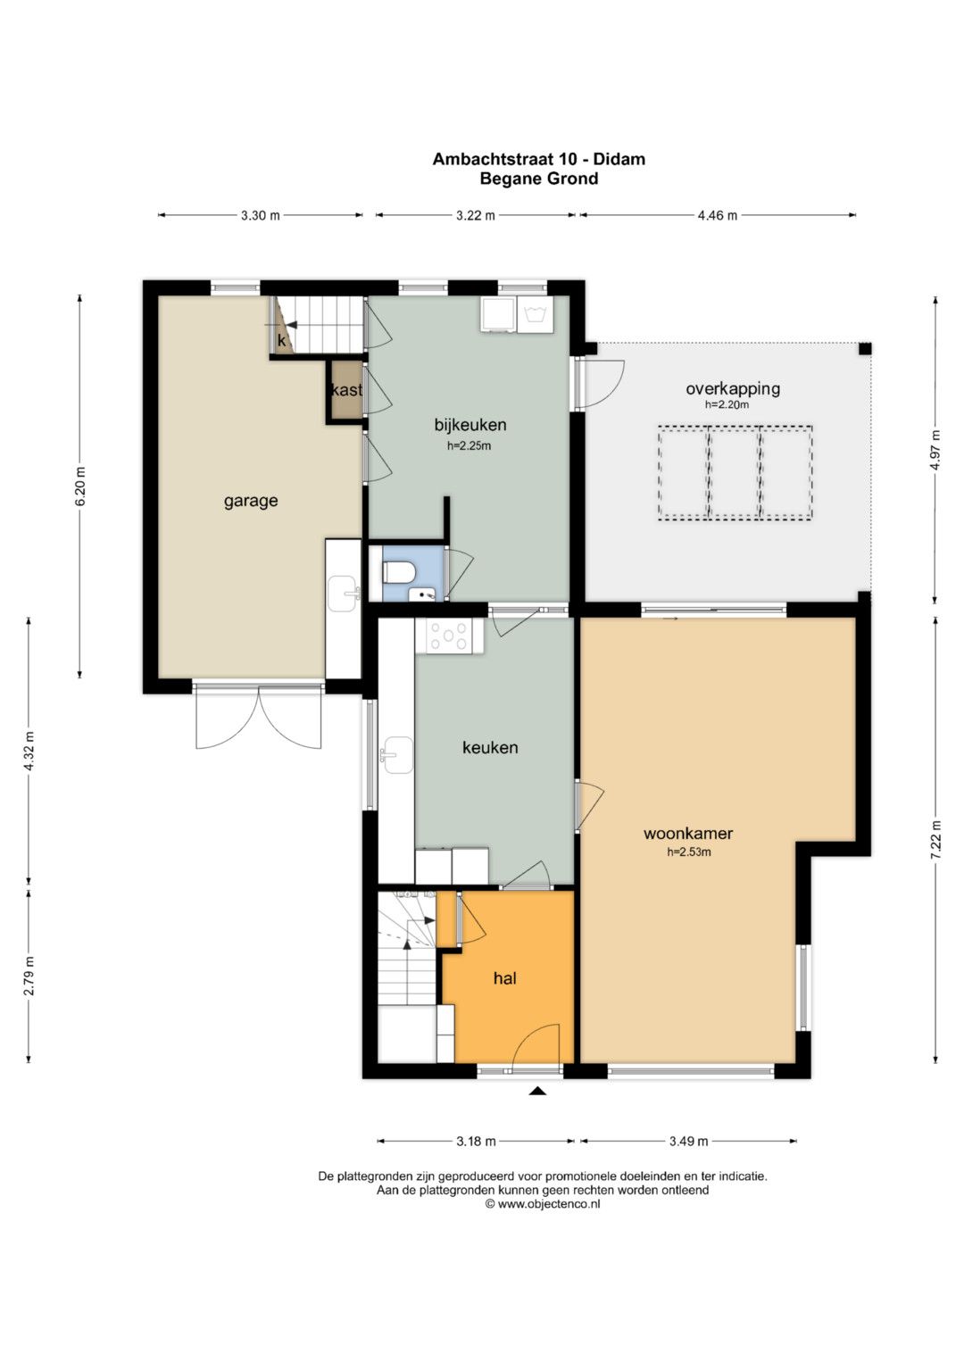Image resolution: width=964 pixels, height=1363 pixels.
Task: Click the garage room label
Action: click(251, 502)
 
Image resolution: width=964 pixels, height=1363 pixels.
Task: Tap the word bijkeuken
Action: click(470, 424)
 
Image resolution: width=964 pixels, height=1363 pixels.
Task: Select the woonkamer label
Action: click(687, 833)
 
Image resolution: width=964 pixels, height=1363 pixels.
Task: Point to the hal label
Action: click(505, 977)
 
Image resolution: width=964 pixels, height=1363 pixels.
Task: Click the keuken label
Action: click(490, 747)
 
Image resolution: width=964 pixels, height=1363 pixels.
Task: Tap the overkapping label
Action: click(733, 389)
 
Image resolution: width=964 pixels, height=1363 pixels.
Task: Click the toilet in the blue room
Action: click(399, 572)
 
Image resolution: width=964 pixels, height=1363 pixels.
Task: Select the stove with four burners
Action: click(448, 636)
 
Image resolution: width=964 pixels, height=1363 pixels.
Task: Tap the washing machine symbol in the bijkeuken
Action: click(535, 314)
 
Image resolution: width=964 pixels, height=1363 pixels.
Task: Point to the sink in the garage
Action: click(344, 594)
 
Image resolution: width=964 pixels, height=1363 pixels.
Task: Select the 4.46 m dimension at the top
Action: click(718, 215)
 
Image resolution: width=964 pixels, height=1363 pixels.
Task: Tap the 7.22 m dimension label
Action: click(936, 840)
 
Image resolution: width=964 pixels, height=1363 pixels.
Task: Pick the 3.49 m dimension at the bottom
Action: click(688, 1141)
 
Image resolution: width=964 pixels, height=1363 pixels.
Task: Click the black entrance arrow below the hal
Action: click(536, 1091)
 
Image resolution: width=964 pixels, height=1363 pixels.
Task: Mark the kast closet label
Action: click(347, 389)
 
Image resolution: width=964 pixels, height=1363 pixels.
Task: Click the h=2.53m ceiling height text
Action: click(689, 852)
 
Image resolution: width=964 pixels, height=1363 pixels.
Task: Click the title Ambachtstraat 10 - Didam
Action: click(538, 159)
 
